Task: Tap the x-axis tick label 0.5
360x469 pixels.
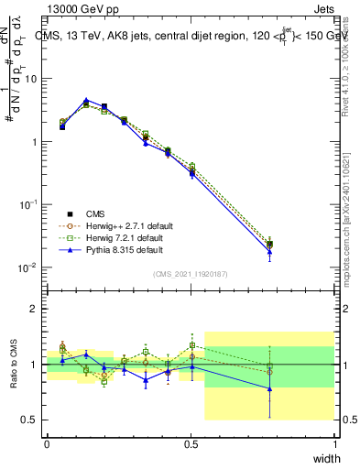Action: [191, 443]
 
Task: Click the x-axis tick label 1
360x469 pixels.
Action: [335, 443]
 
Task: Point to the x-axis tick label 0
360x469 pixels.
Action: [47, 443]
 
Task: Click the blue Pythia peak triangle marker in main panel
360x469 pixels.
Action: [85, 101]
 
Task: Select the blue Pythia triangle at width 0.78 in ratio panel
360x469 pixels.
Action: [269, 388]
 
